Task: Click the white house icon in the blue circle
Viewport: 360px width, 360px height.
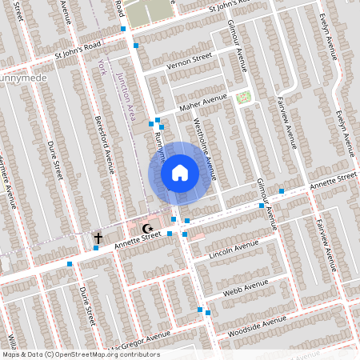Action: pos(179,172)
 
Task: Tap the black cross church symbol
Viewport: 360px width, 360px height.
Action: pos(98,238)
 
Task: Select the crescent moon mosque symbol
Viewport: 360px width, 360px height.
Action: pos(146,229)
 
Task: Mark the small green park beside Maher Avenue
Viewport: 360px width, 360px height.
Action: pos(243,98)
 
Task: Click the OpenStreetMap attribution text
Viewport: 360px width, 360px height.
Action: pos(80,354)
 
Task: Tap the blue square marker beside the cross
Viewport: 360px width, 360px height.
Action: pos(96,248)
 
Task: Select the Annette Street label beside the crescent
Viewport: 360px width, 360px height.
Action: pos(132,239)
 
